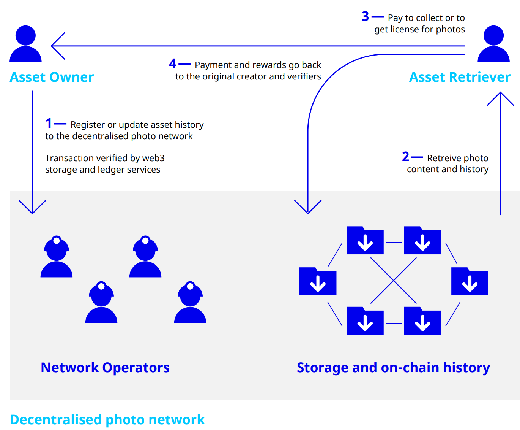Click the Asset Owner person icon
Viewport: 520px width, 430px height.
point(25,44)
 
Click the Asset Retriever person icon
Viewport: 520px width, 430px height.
point(493,44)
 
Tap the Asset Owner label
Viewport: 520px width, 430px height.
point(52,77)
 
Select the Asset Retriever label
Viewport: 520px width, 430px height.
point(460,77)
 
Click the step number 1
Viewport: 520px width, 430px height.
point(49,123)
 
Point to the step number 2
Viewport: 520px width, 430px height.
point(405,157)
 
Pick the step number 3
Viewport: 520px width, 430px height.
point(365,16)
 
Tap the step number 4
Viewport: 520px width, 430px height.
point(173,63)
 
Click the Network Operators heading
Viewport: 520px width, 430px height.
point(105,367)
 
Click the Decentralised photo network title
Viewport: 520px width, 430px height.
point(107,419)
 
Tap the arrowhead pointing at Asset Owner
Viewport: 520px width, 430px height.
point(58,46)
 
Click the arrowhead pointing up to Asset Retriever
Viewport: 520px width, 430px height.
point(500,99)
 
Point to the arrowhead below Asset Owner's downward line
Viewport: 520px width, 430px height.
point(32,207)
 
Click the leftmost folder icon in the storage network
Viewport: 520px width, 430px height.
point(318,281)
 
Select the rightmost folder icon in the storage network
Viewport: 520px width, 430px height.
point(470,281)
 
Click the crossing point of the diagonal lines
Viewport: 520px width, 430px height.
point(394,281)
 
